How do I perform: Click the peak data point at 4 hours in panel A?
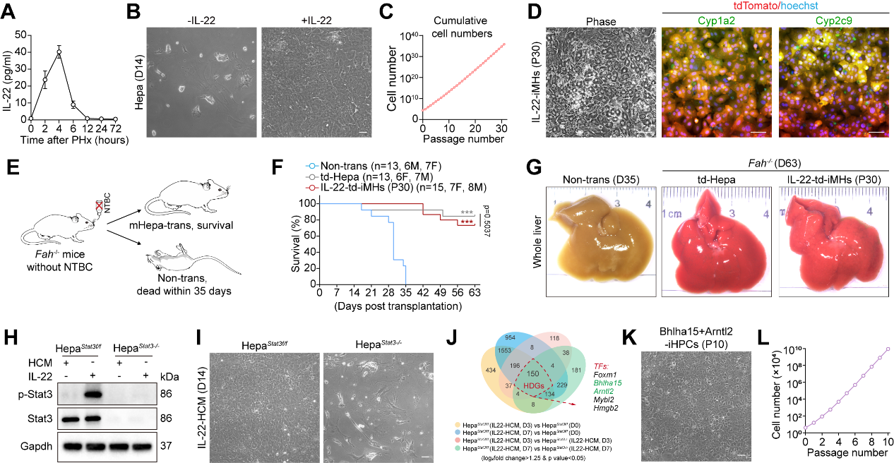59,52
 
